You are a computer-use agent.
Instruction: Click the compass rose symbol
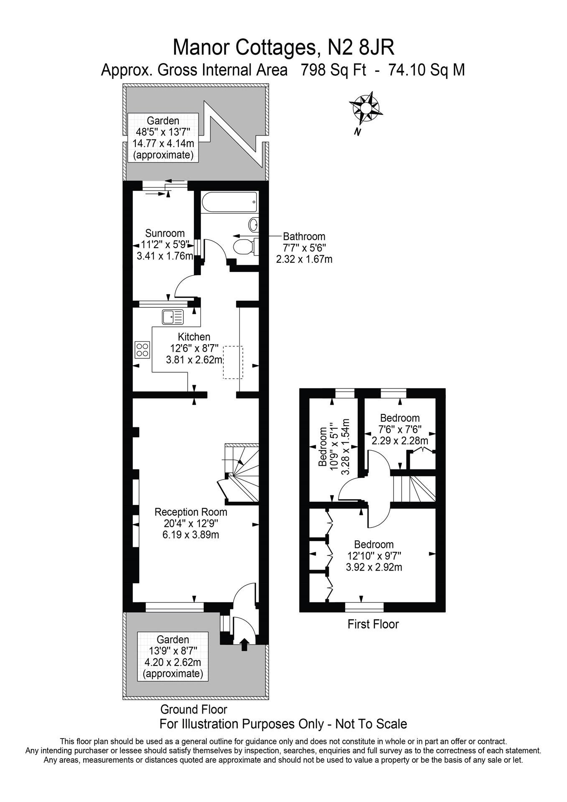(366, 108)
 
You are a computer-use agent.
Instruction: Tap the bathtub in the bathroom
(229, 203)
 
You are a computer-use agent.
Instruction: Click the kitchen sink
(173, 317)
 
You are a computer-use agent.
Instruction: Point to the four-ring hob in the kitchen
(142, 349)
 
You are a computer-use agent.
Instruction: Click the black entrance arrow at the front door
(244, 644)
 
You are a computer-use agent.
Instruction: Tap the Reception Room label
(191, 512)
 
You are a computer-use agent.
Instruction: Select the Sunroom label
(165, 233)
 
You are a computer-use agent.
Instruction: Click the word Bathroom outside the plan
(304, 236)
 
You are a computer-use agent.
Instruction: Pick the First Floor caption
(373, 624)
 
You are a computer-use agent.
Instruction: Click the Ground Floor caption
(193, 709)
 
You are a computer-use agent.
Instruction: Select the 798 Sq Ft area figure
(333, 70)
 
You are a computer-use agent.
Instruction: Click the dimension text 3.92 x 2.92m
(374, 567)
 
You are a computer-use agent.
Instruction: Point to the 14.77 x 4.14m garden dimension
(163, 143)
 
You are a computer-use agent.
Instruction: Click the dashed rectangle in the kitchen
(233, 362)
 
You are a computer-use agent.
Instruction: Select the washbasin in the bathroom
(254, 225)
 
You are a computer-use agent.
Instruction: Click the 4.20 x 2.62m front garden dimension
(173, 662)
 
